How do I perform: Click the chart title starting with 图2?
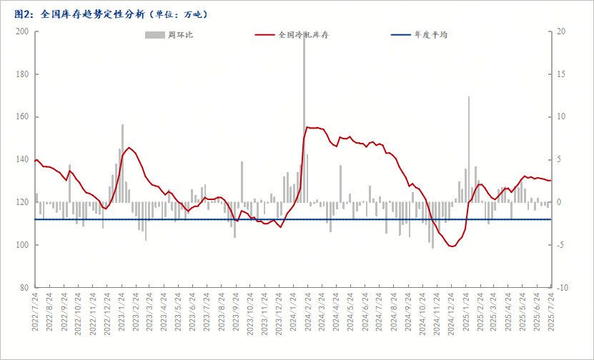[x=111, y=14]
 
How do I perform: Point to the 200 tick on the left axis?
[x=22, y=31]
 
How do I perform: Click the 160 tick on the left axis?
[x=22, y=116]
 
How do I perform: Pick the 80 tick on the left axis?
[x=24, y=288]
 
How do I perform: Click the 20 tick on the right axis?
[x=560, y=31]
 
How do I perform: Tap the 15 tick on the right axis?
[x=560, y=74]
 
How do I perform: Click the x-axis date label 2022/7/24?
[x=35, y=311]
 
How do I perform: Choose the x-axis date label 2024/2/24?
[x=307, y=311]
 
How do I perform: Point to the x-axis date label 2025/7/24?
[x=551, y=311]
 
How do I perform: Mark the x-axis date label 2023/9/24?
[x=236, y=311]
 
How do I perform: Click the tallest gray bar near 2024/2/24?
[x=304, y=117]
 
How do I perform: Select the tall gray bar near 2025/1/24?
[x=469, y=149]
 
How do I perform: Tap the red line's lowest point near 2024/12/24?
[x=452, y=246]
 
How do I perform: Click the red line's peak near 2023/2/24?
[x=129, y=147]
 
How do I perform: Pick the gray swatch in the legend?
[x=154, y=35]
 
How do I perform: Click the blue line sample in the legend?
[x=401, y=35]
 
